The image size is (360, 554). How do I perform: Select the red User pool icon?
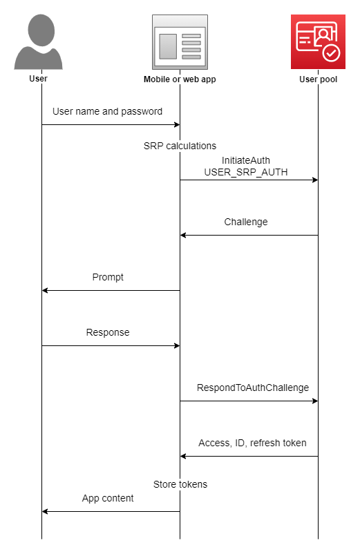tap(318, 41)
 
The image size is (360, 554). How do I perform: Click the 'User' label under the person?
tap(39, 79)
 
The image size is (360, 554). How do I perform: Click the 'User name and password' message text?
tap(107, 111)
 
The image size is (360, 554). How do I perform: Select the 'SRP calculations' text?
tap(180, 146)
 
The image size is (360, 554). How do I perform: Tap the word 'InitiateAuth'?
tap(246, 160)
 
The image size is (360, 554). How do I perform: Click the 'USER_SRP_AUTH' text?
tap(246, 171)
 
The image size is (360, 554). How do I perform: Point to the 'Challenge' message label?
tap(246, 222)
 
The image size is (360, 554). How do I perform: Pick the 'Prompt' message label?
tap(108, 277)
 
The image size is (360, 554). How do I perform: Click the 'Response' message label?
tap(108, 332)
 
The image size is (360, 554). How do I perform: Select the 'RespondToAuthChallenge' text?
tap(253, 388)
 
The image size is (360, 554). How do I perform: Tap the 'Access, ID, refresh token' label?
tap(252, 443)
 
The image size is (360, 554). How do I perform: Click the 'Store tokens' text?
tap(180, 484)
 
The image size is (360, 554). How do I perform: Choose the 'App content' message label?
tap(108, 498)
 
